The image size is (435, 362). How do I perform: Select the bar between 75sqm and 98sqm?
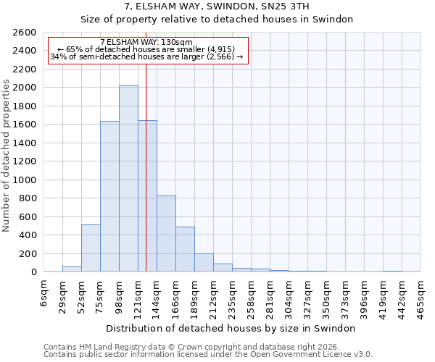coord(109,196)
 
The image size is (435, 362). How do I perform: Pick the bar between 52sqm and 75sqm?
coord(91,248)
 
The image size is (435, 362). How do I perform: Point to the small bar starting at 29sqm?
coord(72,269)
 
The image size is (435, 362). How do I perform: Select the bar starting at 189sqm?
coord(204,263)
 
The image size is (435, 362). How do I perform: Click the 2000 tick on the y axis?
coord(25,88)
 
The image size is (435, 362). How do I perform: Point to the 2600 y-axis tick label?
coord(25,33)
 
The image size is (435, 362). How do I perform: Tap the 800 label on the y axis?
coord(28,198)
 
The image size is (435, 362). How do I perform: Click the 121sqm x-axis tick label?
coord(138,295)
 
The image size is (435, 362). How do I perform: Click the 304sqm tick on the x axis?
coord(289,295)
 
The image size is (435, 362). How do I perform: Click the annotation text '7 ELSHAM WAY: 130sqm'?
coord(146,43)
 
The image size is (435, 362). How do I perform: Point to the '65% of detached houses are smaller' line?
coord(147,50)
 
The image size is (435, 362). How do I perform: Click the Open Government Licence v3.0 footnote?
coord(208,355)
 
